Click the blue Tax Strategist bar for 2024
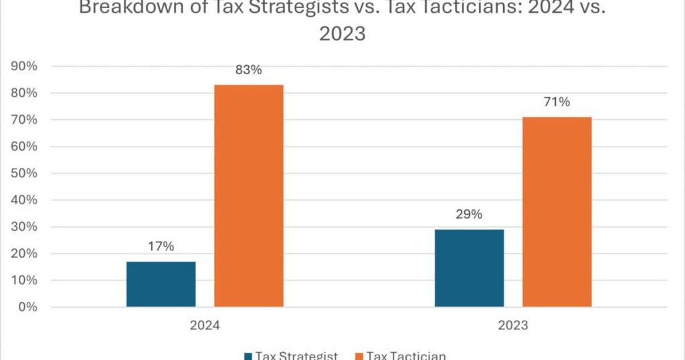[161, 284]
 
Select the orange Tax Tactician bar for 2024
[248, 195]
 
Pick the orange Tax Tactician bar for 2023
[557, 211]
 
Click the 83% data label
[248, 70]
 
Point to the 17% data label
[161, 246]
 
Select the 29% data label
[469, 215]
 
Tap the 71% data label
[557, 102]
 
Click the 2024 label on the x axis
[205, 327]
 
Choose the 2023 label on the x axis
[513, 327]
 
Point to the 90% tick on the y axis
[23, 66]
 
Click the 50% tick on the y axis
[23, 173]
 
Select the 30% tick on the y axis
[23, 227]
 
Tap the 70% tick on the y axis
[23, 120]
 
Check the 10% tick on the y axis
[23, 280]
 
